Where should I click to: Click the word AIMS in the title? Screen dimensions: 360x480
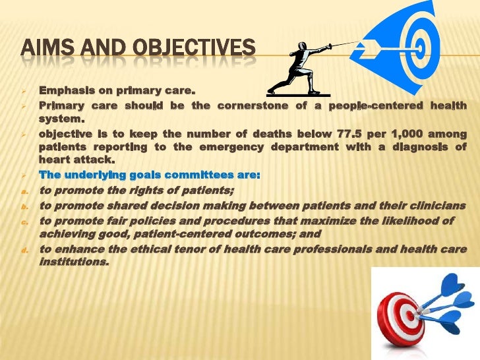(x=45, y=49)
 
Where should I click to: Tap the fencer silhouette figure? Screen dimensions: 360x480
(x=298, y=66)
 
